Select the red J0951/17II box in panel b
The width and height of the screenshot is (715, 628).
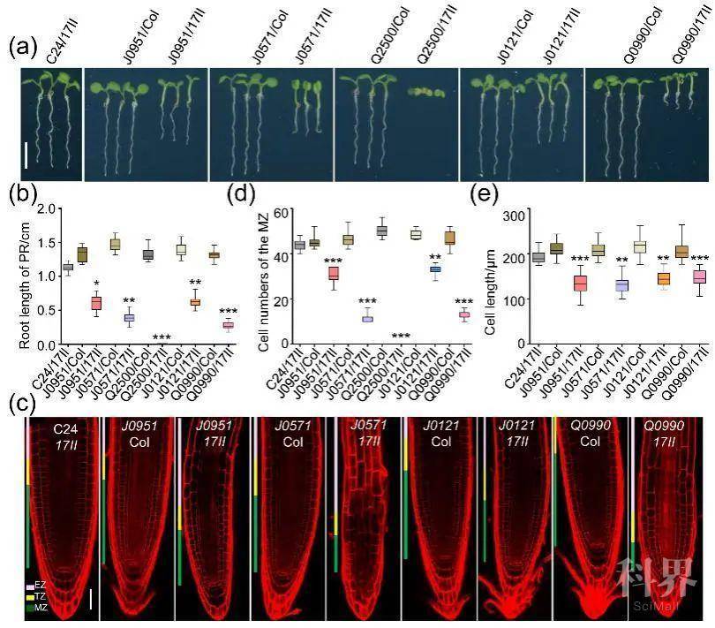[x=96, y=303]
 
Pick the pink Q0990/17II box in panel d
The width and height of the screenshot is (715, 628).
[x=463, y=314]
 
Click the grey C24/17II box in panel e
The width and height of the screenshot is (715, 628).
[x=537, y=257]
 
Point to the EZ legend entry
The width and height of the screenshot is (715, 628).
[x=39, y=585]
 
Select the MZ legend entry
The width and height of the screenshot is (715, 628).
[x=39, y=609]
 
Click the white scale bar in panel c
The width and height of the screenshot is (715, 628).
[x=90, y=602]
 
